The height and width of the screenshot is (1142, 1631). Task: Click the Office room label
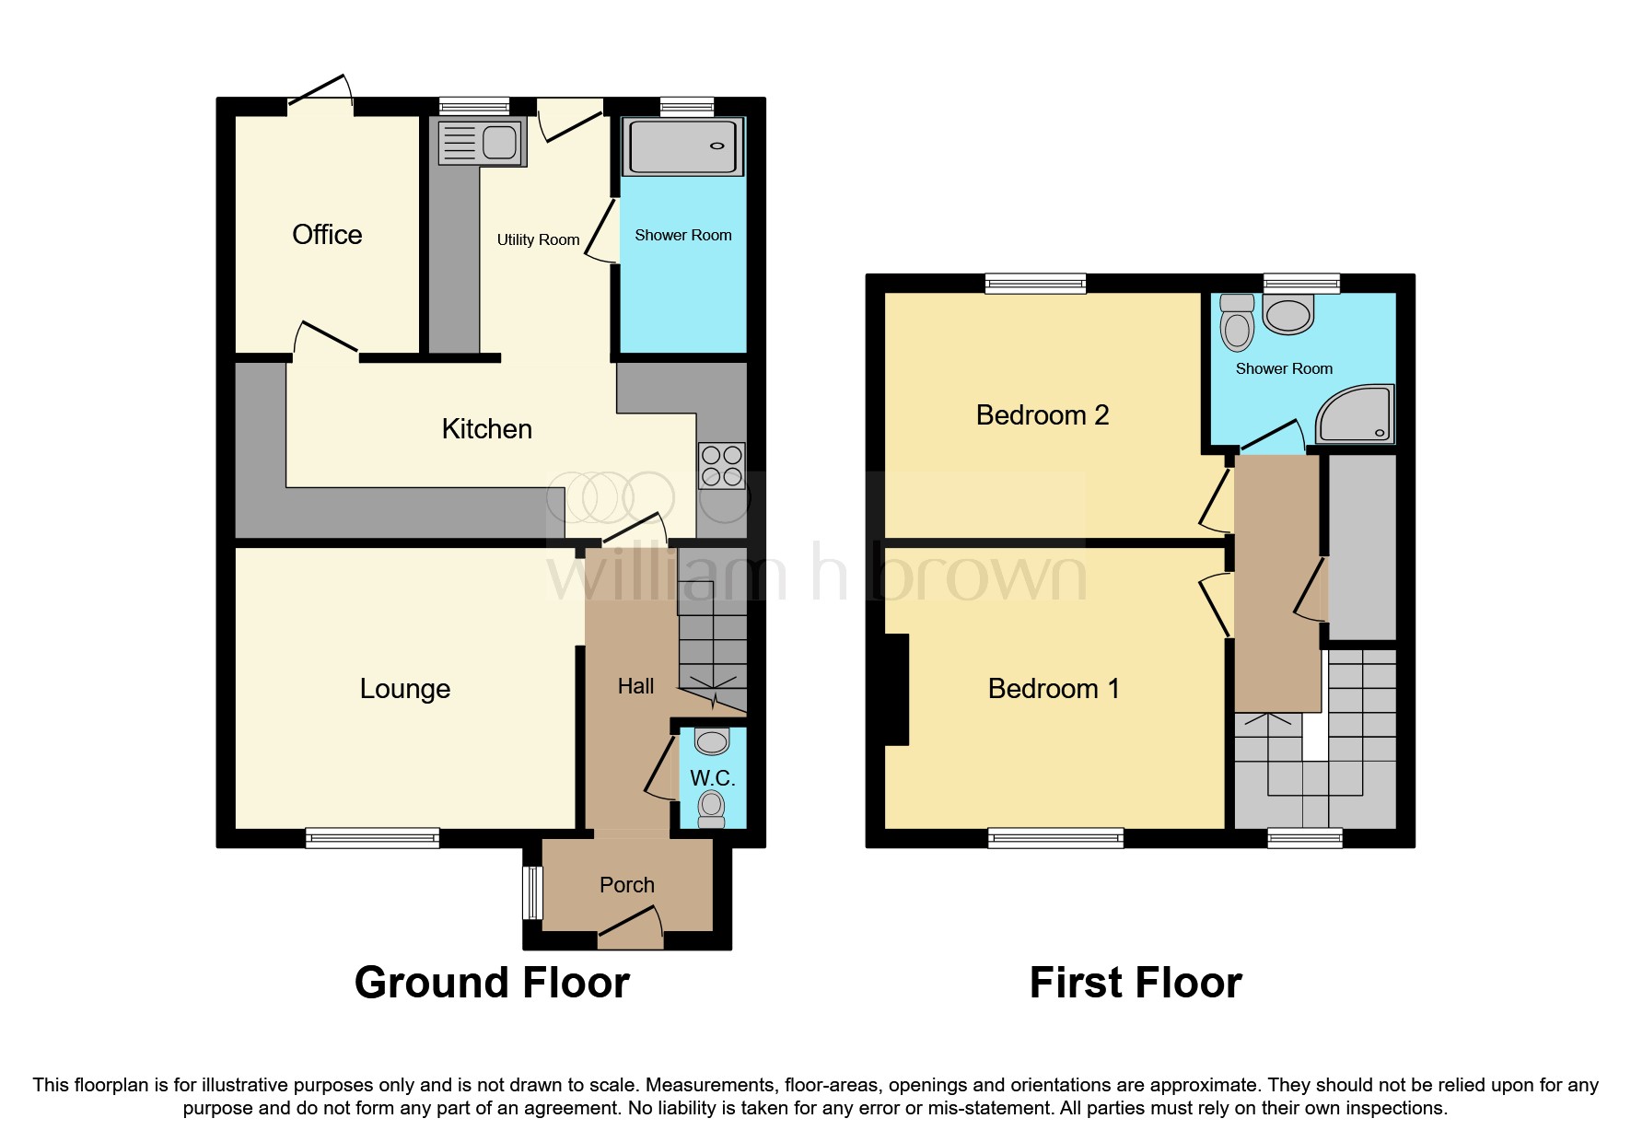point(327,235)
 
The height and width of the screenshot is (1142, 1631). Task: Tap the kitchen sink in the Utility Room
point(482,144)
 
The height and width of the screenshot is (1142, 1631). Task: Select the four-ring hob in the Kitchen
point(721,466)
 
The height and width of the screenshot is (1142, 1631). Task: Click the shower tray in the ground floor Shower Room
point(683,146)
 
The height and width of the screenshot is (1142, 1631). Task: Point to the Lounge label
point(405,689)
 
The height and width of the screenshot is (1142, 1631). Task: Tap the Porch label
point(627,885)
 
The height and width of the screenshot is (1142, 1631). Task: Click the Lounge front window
point(372,837)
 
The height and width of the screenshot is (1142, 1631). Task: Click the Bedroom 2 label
point(1042,415)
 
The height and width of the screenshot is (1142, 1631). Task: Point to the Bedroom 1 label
point(1054,689)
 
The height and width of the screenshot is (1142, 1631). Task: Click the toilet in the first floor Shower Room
point(1237,323)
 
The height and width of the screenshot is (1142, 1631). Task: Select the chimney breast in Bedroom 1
point(897,689)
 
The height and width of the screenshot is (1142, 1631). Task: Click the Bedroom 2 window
point(1035,283)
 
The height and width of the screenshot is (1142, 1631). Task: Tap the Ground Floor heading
point(492,983)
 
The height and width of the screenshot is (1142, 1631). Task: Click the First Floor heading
point(1136,983)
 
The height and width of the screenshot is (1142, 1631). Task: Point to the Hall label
point(635,686)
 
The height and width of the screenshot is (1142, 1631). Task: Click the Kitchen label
point(486,429)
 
